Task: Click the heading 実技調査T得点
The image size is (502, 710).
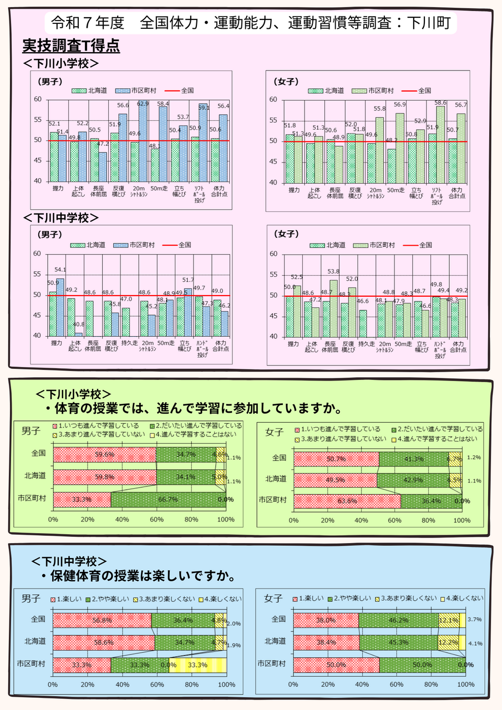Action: pyautogui.click(x=71, y=46)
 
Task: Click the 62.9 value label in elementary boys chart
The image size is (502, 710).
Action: pyautogui.click(x=143, y=103)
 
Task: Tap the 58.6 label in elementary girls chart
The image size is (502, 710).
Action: pyautogui.click(x=440, y=103)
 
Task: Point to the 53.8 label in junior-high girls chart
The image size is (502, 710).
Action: pyautogui.click(x=333, y=272)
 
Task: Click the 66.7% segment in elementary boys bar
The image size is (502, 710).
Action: pyautogui.click(x=168, y=499)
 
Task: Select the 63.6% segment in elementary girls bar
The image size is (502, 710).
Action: pyautogui.click(x=347, y=501)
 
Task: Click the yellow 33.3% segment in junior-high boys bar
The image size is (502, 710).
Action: pyautogui.click(x=197, y=665)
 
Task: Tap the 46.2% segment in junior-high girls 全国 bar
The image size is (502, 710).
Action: pyautogui.click(x=398, y=620)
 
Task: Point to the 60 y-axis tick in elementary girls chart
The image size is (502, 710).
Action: pyautogui.click(x=273, y=100)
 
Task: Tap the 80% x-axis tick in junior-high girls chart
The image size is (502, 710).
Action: pyautogui.click(x=431, y=685)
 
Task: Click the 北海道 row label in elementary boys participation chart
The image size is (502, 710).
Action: pyautogui.click(x=34, y=476)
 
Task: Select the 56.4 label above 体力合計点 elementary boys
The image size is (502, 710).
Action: pyautogui.click(x=223, y=106)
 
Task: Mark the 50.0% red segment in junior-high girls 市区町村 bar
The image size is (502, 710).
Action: pyautogui.click(x=336, y=665)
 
